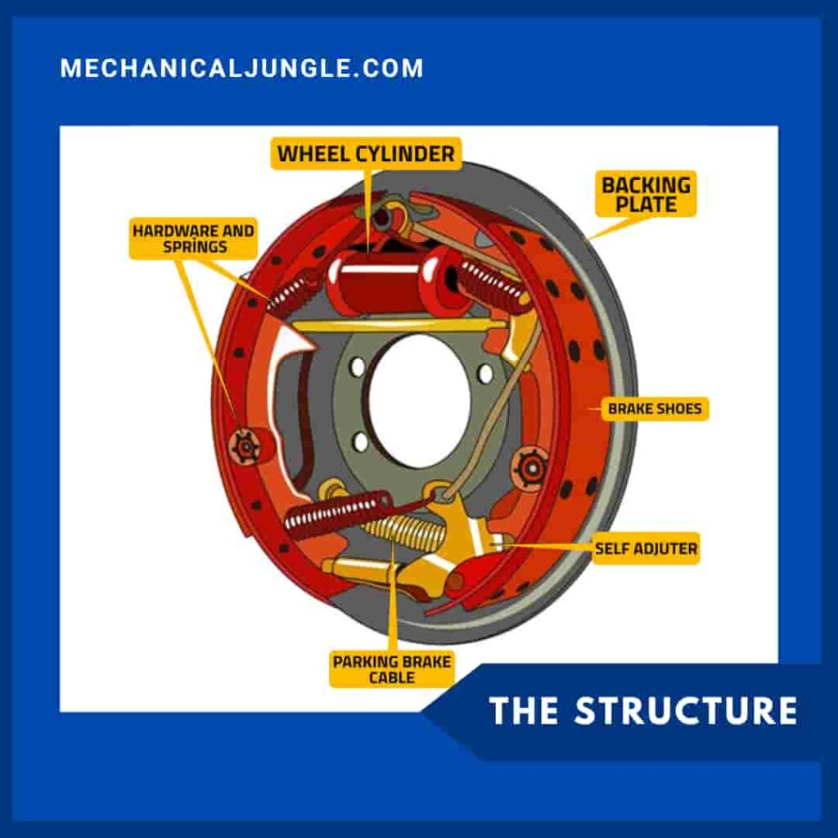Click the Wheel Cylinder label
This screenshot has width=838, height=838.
click(366, 153)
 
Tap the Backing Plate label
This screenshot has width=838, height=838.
click(646, 194)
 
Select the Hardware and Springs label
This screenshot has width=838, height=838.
click(193, 238)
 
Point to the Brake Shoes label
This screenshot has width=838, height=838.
click(654, 408)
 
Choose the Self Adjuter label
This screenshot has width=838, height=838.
click(646, 548)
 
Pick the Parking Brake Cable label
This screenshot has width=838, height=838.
click(391, 669)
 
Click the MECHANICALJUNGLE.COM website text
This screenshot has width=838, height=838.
click(241, 68)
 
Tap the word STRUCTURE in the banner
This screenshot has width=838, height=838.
click(685, 710)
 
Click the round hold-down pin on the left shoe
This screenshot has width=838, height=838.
click(245, 446)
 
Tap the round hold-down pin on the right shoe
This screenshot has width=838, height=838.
click(530, 468)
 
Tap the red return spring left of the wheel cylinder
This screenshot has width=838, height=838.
click(290, 291)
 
